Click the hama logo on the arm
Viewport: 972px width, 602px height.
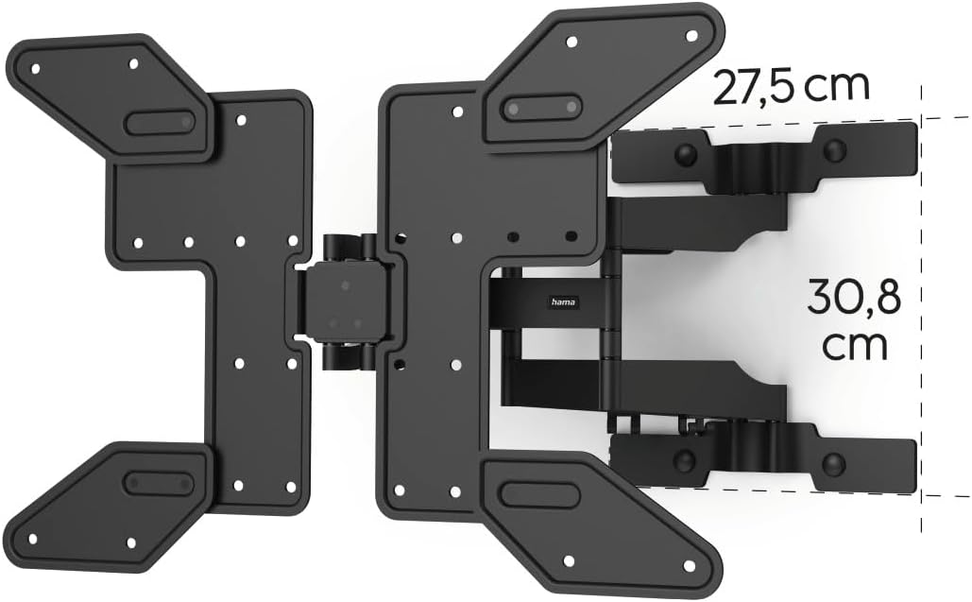click(x=564, y=301)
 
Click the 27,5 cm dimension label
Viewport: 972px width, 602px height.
click(x=792, y=87)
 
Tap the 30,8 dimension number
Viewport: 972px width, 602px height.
click(x=854, y=299)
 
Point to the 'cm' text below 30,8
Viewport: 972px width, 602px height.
click(x=855, y=348)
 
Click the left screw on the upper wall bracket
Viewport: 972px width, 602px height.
click(x=684, y=152)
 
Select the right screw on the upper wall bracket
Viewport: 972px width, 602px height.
click(x=835, y=149)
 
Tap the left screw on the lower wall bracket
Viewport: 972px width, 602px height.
click(x=684, y=459)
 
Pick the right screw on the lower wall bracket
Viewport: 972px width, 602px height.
click(x=834, y=462)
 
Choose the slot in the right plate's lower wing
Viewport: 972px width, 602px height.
click(x=540, y=495)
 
